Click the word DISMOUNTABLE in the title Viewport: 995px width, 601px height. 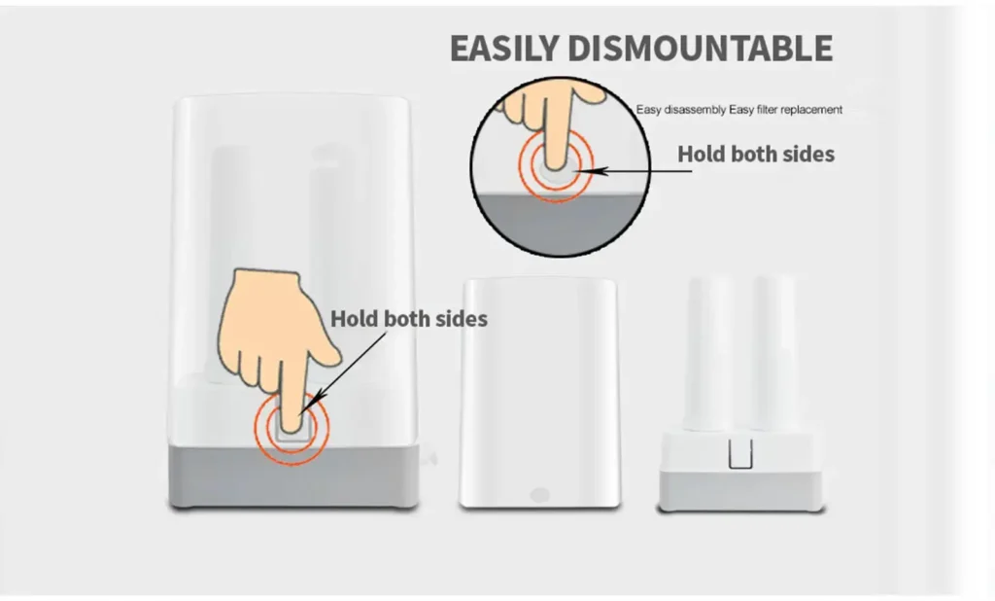[700, 49]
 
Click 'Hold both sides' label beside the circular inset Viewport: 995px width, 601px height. [756, 154]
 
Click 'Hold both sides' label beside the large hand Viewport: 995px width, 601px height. [409, 318]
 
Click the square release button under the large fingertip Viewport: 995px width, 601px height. [292, 430]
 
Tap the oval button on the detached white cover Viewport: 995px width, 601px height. [539, 494]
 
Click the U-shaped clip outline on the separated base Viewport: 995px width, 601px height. [739, 454]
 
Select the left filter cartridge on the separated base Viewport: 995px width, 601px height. [708, 353]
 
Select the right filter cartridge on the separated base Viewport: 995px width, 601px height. [774, 353]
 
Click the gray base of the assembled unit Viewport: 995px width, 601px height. [293, 476]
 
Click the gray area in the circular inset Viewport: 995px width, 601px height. [559, 223]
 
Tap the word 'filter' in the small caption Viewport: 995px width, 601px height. [767, 109]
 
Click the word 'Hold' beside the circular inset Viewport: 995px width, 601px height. [701, 154]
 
